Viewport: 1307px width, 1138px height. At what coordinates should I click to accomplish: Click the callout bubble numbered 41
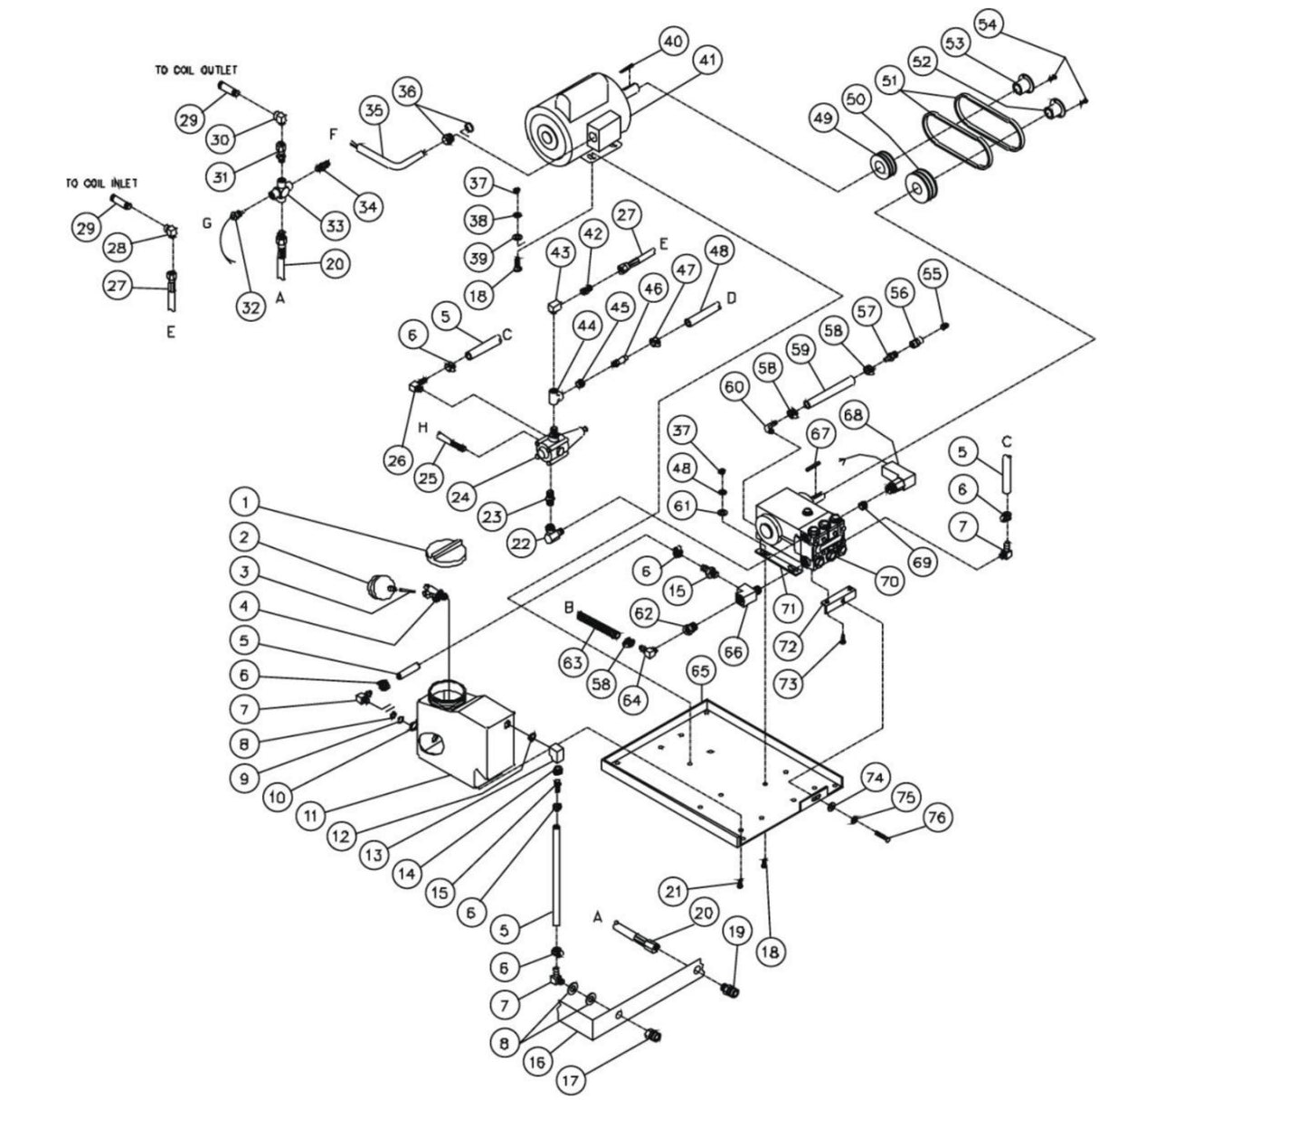707,62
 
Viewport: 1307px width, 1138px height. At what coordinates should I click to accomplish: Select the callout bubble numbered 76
937,818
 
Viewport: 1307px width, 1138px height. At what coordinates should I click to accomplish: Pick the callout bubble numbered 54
987,24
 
